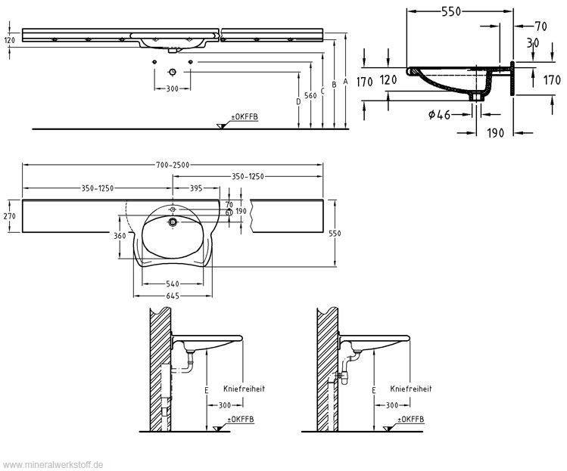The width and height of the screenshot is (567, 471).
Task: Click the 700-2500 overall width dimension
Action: (172, 165)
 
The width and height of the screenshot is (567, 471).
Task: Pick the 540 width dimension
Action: (172, 284)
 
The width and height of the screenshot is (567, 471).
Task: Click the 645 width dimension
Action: (172, 296)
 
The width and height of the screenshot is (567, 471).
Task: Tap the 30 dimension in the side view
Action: (533, 44)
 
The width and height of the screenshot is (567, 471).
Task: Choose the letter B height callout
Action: (335, 85)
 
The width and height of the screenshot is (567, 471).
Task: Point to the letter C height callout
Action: (323, 90)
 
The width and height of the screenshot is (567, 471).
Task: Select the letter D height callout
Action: (299, 101)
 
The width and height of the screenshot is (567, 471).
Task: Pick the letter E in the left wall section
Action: (205, 389)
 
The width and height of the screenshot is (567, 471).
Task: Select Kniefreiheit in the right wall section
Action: (410, 389)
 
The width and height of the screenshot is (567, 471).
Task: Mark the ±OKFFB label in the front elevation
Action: (245, 118)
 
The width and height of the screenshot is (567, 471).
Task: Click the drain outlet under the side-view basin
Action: (478, 96)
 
